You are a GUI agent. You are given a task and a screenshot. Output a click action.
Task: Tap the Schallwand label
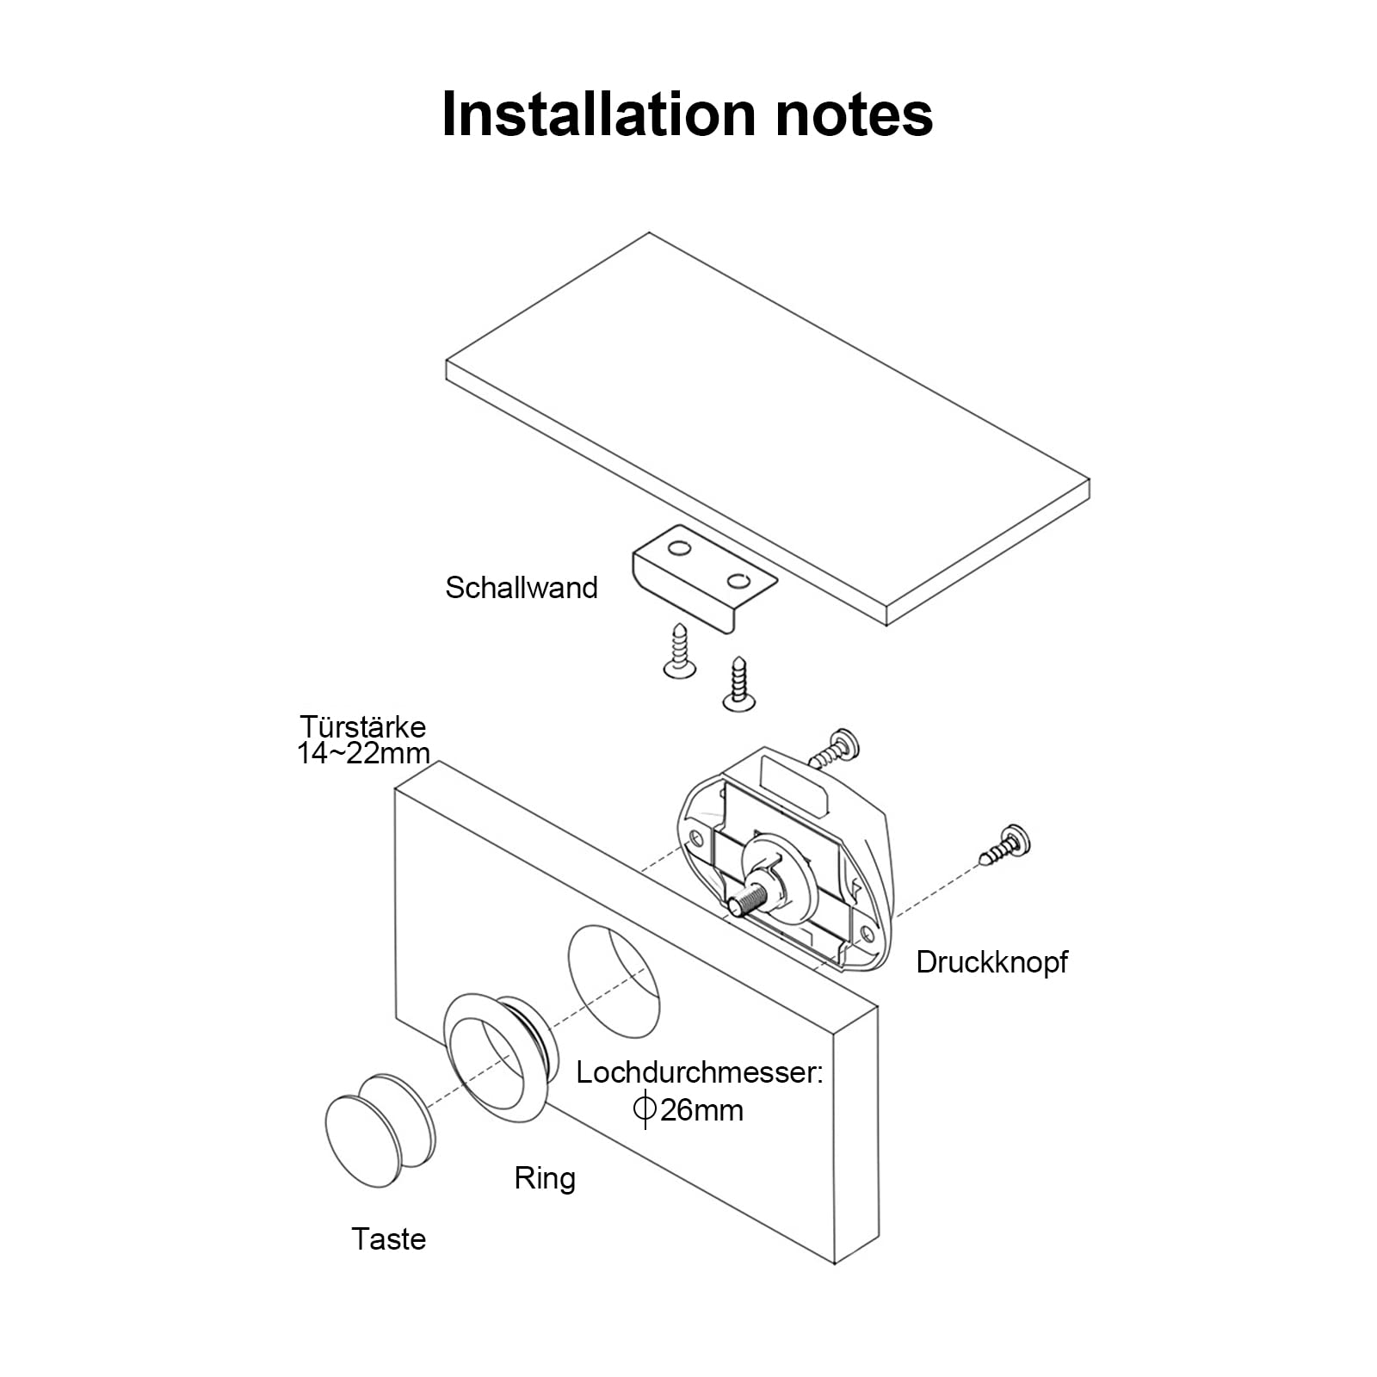[x=521, y=588]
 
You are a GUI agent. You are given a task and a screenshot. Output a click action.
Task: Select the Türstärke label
[x=363, y=726]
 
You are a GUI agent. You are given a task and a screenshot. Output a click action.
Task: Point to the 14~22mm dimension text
[x=363, y=754]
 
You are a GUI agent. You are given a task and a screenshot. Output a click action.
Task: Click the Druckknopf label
[x=991, y=962]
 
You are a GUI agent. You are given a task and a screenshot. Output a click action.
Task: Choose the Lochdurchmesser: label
[x=700, y=1073]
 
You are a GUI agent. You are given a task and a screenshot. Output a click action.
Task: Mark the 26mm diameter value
[x=701, y=1110]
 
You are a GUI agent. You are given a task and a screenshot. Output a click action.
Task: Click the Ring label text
[x=545, y=1178]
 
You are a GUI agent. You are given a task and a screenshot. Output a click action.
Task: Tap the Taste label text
[x=389, y=1239]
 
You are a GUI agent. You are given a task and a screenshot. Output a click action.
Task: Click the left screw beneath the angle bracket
[x=679, y=651]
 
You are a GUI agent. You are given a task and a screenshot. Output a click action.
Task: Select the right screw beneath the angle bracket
[x=738, y=684]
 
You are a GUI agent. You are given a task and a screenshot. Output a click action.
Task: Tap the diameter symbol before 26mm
[x=645, y=1109]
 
